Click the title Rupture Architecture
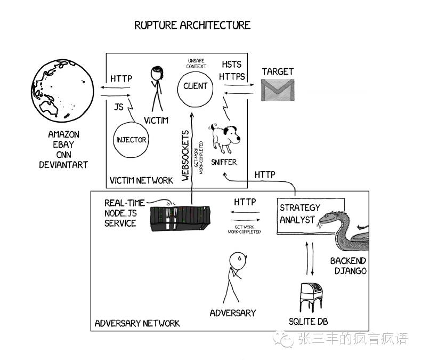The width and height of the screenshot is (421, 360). pyautogui.click(x=192, y=25)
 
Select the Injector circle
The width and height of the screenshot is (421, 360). pyautogui.click(x=131, y=140)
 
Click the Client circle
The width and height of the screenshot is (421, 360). pyautogui.click(x=196, y=86)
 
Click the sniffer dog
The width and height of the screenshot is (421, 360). pyautogui.click(x=224, y=138)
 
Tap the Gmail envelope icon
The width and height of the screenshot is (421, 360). pyautogui.click(x=278, y=90)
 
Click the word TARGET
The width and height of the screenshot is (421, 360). pyautogui.click(x=278, y=71)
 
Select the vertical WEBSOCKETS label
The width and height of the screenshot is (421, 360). pyautogui.click(x=185, y=155)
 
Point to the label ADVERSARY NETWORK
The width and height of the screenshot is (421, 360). pyautogui.click(x=137, y=323)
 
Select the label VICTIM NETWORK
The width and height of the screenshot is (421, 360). pyautogui.click(x=141, y=180)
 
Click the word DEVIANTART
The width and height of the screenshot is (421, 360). pyautogui.click(x=63, y=165)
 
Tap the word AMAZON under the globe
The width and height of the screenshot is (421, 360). pyautogui.click(x=63, y=135)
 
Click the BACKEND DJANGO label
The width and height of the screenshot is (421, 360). pyautogui.click(x=348, y=266)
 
